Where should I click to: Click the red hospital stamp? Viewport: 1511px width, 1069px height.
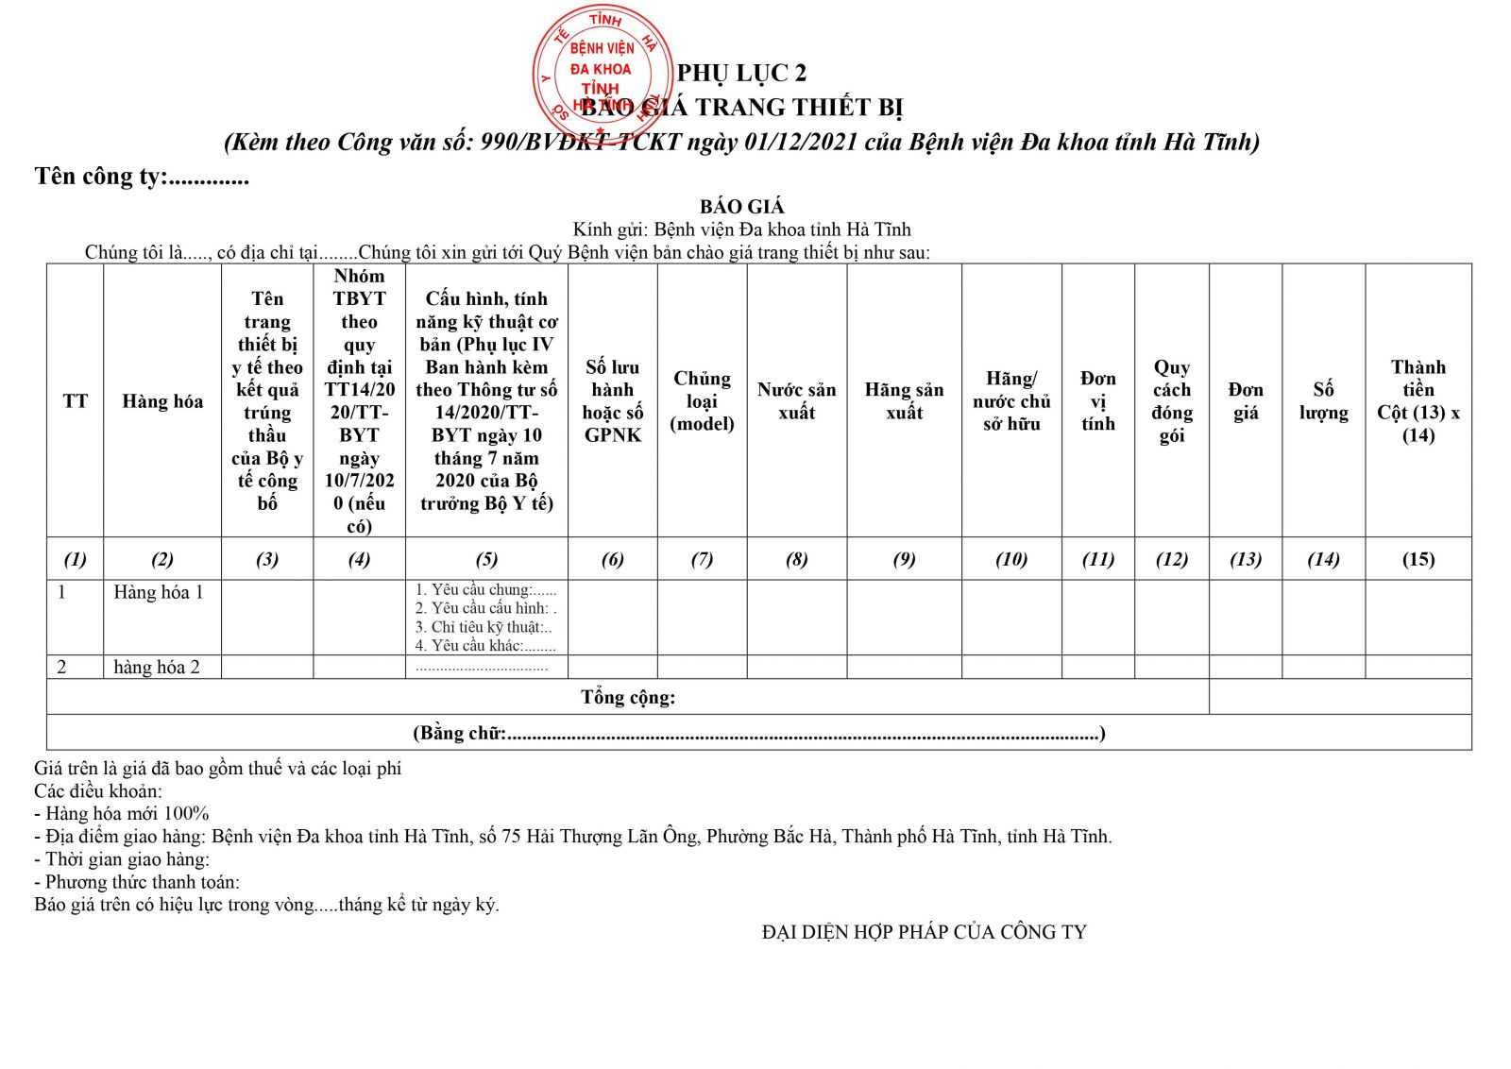click(602, 71)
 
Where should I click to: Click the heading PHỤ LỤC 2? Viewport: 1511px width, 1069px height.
click(741, 73)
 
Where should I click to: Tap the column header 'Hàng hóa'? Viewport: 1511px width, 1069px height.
click(162, 401)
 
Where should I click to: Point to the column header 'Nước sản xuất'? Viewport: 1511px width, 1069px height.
click(796, 401)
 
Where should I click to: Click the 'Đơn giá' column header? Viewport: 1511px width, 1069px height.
click(1245, 401)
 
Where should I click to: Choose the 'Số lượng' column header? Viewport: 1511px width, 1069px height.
click(1323, 401)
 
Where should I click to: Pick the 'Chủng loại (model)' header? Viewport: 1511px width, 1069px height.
click(702, 401)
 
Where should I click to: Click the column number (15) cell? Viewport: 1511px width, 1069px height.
click(1418, 559)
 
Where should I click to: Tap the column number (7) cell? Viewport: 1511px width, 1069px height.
click(702, 559)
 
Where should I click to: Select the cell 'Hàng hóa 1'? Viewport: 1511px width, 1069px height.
click(159, 592)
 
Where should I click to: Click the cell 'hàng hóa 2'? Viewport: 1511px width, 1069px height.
click(157, 667)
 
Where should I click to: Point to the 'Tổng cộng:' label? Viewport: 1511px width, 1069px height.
click(628, 697)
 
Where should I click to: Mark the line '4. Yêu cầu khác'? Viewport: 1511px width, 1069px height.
click(485, 646)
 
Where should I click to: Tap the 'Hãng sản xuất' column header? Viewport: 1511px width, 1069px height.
click(904, 401)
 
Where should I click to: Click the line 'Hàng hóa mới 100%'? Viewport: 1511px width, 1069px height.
click(122, 813)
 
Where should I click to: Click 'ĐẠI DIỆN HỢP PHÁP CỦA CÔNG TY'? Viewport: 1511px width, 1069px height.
click(924, 932)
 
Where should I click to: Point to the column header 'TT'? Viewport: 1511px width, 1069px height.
click(75, 401)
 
